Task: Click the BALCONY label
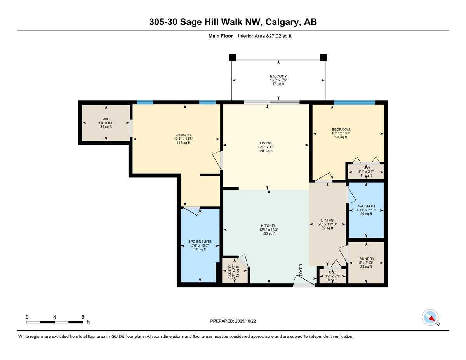[278, 76]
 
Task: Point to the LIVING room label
[266, 143]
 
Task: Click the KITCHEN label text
[269, 226]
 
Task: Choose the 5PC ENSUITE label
[200, 241]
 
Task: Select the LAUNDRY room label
[366, 259]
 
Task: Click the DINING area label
[327, 220]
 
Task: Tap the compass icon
[430, 317]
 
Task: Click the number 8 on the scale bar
[83, 317]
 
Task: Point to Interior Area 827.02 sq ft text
[264, 36]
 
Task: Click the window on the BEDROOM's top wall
[354, 103]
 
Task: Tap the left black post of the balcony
[232, 58]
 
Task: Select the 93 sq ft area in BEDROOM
[341, 137]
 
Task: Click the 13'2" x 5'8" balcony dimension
[278, 80]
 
